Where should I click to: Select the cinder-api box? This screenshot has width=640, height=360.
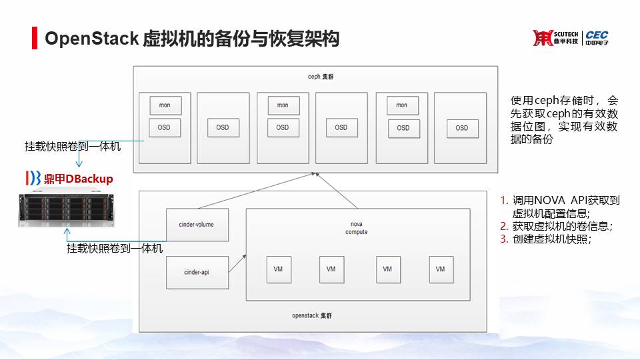pyautogui.click(x=197, y=272)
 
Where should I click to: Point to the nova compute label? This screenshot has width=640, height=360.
pyautogui.click(x=356, y=228)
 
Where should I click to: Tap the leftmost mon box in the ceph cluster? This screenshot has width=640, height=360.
pyautogui.click(x=164, y=105)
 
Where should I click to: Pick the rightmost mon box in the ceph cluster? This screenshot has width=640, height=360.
pyautogui.click(x=401, y=105)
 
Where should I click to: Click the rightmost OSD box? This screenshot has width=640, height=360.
pyautogui.click(x=461, y=127)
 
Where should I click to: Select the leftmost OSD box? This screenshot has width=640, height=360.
pyautogui.click(x=164, y=127)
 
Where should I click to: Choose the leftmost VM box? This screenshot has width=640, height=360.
pyautogui.click(x=277, y=269)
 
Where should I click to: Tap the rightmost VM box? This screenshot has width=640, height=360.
pyautogui.click(x=440, y=269)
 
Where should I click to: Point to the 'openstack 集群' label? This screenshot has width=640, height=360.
pyautogui.click(x=312, y=315)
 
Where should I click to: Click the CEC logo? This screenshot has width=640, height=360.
pyautogui.click(x=597, y=38)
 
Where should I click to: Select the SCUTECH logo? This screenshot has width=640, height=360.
pyautogui.click(x=556, y=38)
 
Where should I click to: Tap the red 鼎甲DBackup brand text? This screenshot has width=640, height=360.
pyautogui.click(x=78, y=179)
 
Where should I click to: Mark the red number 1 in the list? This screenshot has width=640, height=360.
pyautogui.click(x=504, y=200)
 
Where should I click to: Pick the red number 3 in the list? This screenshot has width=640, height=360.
pyautogui.click(x=504, y=239)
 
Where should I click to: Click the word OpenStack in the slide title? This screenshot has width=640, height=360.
pyautogui.click(x=91, y=39)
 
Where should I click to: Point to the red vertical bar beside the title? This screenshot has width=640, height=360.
pyautogui.click(x=35, y=39)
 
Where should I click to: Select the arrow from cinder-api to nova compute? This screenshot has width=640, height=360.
pyautogui.click(x=237, y=262)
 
